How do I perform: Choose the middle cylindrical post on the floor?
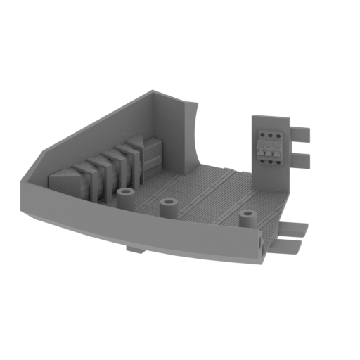pyautogui.click(x=168, y=208)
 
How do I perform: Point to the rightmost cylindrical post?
pyautogui.click(x=247, y=219)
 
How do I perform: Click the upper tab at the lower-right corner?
pyautogui.click(x=296, y=229)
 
